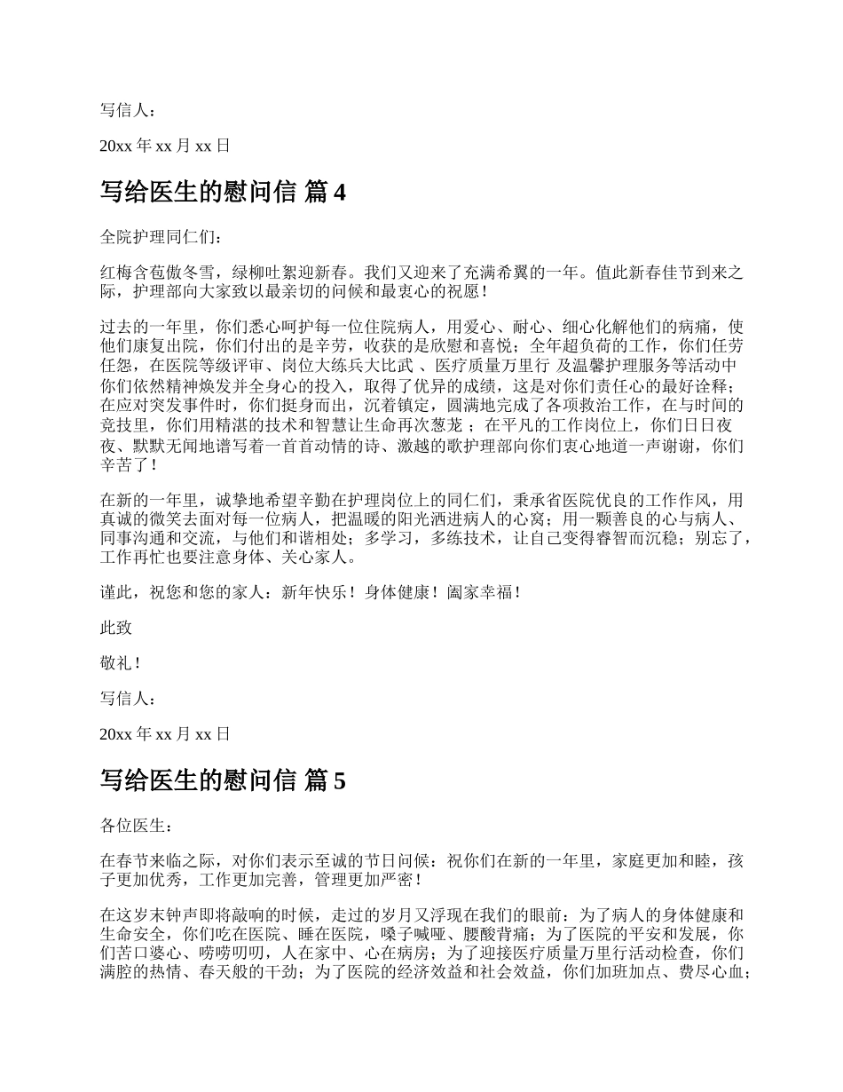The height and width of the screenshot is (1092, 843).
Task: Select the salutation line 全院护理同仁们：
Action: [x=156, y=237]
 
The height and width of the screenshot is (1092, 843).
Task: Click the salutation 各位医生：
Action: [x=133, y=826]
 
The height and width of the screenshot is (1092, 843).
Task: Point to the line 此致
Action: [x=116, y=628]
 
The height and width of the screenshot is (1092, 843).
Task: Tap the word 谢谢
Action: [x=679, y=445]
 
